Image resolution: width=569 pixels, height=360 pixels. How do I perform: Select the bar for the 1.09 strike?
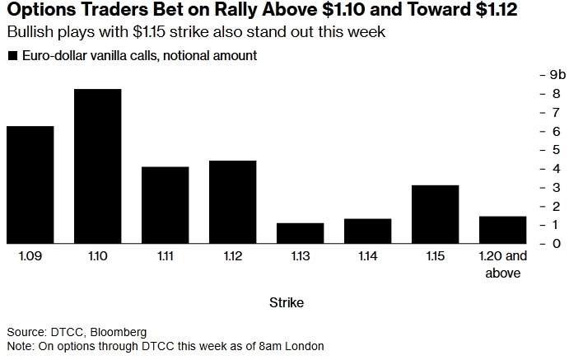tap(30, 185)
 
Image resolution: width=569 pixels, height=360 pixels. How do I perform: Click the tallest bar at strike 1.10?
tap(97, 166)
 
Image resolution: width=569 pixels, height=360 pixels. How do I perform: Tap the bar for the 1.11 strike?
tap(165, 204)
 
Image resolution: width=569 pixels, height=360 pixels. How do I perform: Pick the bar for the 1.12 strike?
tap(232, 202)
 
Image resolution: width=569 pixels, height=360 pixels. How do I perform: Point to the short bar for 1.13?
tap(300, 233)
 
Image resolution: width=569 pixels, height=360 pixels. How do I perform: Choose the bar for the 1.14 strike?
tap(367, 231)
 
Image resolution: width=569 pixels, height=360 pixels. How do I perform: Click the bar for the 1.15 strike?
tap(435, 214)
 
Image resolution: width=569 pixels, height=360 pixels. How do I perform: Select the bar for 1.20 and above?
tap(502, 230)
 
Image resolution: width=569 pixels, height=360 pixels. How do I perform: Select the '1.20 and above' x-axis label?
tap(502, 265)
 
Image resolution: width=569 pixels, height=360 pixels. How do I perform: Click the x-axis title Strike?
tap(286, 303)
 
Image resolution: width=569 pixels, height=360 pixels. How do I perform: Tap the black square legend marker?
tap(12, 56)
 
